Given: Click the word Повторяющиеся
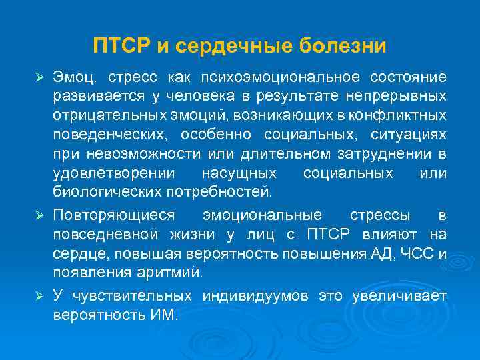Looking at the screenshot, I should [x=114, y=215].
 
